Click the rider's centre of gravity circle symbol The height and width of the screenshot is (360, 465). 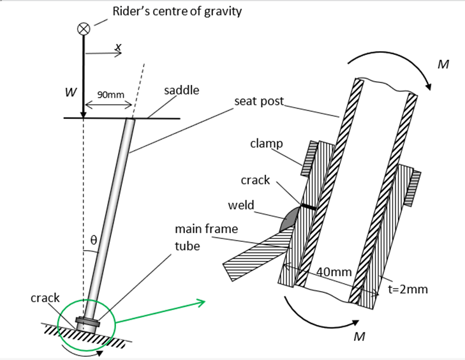click(83, 28)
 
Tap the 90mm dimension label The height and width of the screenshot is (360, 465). click(110, 94)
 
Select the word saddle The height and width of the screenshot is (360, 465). click(181, 90)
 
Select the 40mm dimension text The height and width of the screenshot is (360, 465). click(334, 272)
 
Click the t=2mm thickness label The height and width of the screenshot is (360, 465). click(408, 289)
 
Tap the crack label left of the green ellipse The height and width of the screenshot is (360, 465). click(45, 298)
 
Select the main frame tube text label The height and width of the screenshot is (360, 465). click(198, 237)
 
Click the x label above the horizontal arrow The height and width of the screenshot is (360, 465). click(117, 47)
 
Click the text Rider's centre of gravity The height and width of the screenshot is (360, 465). click(177, 11)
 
